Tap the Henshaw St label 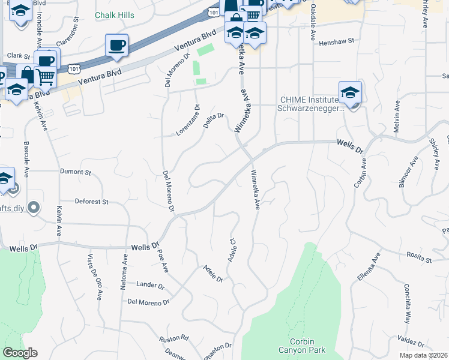coord(337,43)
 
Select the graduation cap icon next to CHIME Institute coord(350,92)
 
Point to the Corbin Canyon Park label coord(302,346)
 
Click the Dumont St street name coord(75,172)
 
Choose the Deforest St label coord(91,202)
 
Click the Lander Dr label coord(150,284)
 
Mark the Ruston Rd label coord(174,339)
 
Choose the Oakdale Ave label coord(313,24)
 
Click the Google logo coord(20,353)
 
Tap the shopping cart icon coord(46,77)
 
